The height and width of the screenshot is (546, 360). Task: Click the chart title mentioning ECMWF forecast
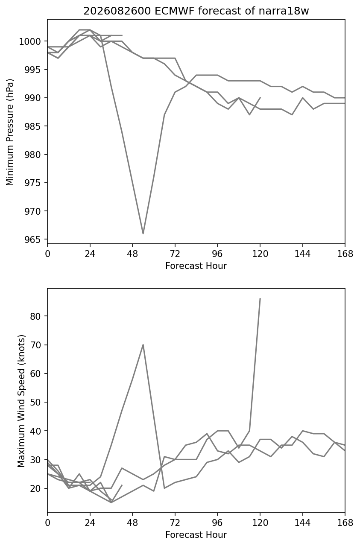pyautogui.click(x=196, y=11)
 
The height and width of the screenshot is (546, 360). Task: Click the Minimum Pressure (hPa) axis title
pyautogui.click(x=10, y=132)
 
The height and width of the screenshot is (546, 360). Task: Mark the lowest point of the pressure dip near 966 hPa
pyautogui.click(x=143, y=234)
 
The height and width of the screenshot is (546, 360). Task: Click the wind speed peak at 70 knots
pyautogui.click(x=143, y=345)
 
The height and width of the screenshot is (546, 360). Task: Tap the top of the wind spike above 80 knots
pyautogui.click(x=260, y=298)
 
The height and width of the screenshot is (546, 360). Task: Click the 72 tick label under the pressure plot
pyautogui.click(x=175, y=254)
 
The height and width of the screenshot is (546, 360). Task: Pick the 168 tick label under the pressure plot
pyautogui.click(x=344, y=254)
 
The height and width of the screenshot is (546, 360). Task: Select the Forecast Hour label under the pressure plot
pyautogui.click(x=196, y=266)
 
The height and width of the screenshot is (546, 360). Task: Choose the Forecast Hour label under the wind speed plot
pyautogui.click(x=196, y=535)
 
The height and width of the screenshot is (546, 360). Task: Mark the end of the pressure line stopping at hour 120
pyautogui.click(x=260, y=97)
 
